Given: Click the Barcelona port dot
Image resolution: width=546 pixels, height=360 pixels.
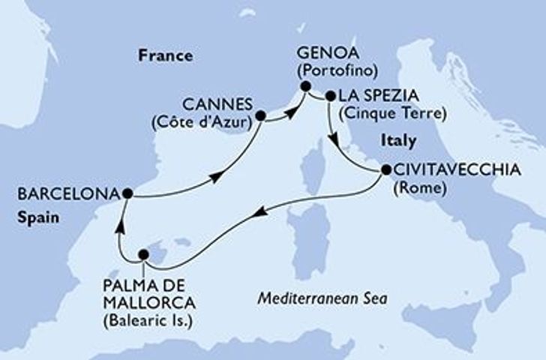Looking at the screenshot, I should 127,193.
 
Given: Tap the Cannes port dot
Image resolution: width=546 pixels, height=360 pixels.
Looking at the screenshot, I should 260,116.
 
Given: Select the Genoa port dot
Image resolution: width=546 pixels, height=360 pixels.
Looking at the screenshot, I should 306,87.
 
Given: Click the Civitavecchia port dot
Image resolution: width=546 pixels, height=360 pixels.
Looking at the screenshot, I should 385,170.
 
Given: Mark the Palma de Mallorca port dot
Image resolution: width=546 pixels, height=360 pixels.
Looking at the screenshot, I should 143,255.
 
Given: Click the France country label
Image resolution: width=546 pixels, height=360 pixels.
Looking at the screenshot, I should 164,55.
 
